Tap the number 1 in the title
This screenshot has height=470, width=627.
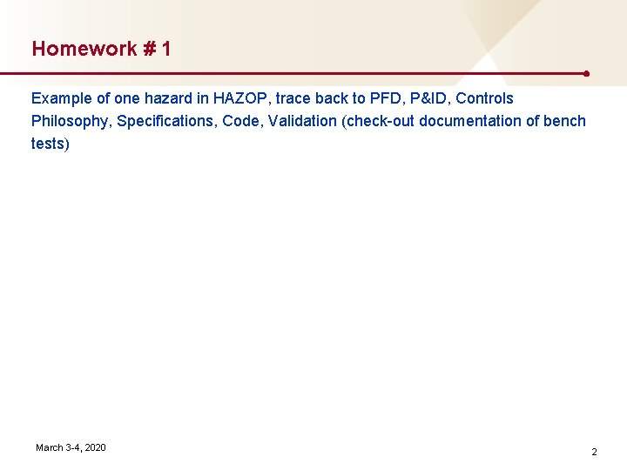point(165,49)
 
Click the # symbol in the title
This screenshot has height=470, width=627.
point(149,49)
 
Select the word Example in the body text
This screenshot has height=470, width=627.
point(61,98)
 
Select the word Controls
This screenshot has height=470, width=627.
point(485,98)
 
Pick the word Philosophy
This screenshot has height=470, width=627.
point(70,121)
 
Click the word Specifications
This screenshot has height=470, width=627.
point(165,121)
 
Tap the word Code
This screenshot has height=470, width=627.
point(241,121)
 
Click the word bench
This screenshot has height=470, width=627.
point(564,121)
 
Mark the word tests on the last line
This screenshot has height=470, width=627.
point(50,144)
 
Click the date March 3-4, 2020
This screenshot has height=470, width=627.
point(71,447)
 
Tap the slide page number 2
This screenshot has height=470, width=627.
point(594,452)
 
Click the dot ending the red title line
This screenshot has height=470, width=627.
point(589,74)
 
